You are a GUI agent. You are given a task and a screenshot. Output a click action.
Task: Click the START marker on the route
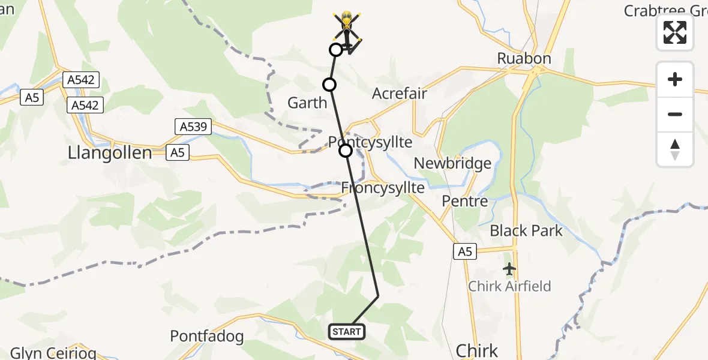pyautogui.click(x=347, y=331)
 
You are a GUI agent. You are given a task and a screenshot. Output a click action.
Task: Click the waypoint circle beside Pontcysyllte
pyautogui.click(x=346, y=151)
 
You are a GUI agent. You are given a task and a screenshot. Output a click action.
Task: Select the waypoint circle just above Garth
pyautogui.click(x=329, y=85)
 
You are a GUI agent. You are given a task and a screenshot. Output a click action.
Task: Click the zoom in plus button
pyautogui.click(x=675, y=79)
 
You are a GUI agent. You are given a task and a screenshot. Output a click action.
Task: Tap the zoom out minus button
pyautogui.click(x=675, y=114)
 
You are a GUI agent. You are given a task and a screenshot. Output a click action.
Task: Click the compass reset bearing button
pyautogui.click(x=675, y=149)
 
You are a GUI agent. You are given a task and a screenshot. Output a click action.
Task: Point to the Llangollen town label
pyautogui.click(x=110, y=152)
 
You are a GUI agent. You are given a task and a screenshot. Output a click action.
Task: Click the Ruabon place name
pyautogui.click(x=524, y=58)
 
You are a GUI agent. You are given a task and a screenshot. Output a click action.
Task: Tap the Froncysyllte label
pyautogui.click(x=383, y=188)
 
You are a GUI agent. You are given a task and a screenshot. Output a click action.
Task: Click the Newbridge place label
pyautogui.click(x=452, y=163)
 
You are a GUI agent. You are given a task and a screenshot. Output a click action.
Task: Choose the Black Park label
pyautogui.click(x=526, y=230)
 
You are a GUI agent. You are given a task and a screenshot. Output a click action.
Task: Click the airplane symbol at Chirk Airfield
pyautogui.click(x=509, y=269)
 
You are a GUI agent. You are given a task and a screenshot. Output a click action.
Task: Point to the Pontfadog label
pyautogui.click(x=209, y=335)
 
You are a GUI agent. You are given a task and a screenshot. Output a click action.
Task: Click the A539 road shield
pyautogui.click(x=191, y=127)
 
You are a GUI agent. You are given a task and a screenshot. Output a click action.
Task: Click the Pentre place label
pyautogui.click(x=464, y=201)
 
